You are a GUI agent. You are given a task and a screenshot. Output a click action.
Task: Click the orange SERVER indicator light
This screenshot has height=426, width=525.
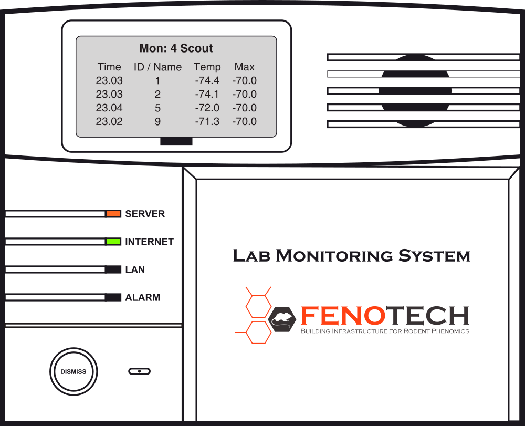point(113,214)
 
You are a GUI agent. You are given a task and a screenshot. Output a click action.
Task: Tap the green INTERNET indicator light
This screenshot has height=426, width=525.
point(113,242)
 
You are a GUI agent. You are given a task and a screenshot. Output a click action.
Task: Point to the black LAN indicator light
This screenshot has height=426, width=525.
point(113,269)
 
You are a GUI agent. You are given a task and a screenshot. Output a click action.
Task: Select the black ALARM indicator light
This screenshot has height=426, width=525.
point(113,297)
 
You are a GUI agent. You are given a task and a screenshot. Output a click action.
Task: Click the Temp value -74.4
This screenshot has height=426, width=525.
point(207,81)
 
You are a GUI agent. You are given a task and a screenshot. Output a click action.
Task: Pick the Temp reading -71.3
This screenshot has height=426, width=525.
point(207,122)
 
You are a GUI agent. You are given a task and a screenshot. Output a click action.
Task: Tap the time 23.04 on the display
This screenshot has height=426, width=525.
point(109,108)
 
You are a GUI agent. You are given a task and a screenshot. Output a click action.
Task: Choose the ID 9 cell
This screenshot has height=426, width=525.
point(157,122)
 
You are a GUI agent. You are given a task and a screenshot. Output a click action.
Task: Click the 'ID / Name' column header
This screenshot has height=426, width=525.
point(157,67)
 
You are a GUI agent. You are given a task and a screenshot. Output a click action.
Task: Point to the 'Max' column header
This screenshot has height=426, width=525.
point(245,67)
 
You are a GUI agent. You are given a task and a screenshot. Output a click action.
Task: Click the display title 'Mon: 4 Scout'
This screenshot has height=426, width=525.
point(176,48)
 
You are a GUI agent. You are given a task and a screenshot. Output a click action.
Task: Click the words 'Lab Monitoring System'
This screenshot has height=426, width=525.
point(351,256)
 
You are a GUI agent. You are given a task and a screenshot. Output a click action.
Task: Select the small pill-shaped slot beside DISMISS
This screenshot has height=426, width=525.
point(139,371)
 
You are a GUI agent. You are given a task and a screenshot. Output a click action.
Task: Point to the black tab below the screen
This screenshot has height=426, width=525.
point(176,141)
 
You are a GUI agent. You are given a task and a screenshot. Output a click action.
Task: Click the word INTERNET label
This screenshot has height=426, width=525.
point(149,242)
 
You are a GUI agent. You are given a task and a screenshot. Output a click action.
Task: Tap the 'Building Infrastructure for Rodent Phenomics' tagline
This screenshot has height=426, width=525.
point(384,331)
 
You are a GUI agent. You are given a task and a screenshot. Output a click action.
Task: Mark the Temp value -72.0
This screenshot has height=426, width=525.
point(207,108)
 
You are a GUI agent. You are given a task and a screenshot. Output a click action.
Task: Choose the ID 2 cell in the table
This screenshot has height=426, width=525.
point(157,95)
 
